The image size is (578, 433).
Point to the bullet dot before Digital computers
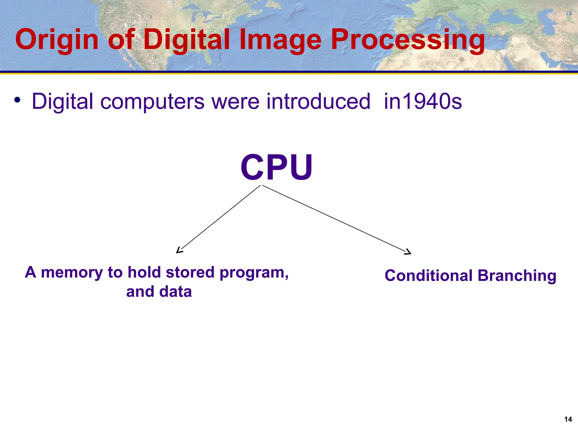pos(17,100)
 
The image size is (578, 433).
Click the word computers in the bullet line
pos(152,101)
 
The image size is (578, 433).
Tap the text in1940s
pos(423,101)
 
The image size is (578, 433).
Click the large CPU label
pos(276,168)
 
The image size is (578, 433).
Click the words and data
pos(159,291)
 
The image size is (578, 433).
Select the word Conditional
pos(428,275)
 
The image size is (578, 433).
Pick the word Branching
pos(517,276)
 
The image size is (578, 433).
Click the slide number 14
pos(568,419)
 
